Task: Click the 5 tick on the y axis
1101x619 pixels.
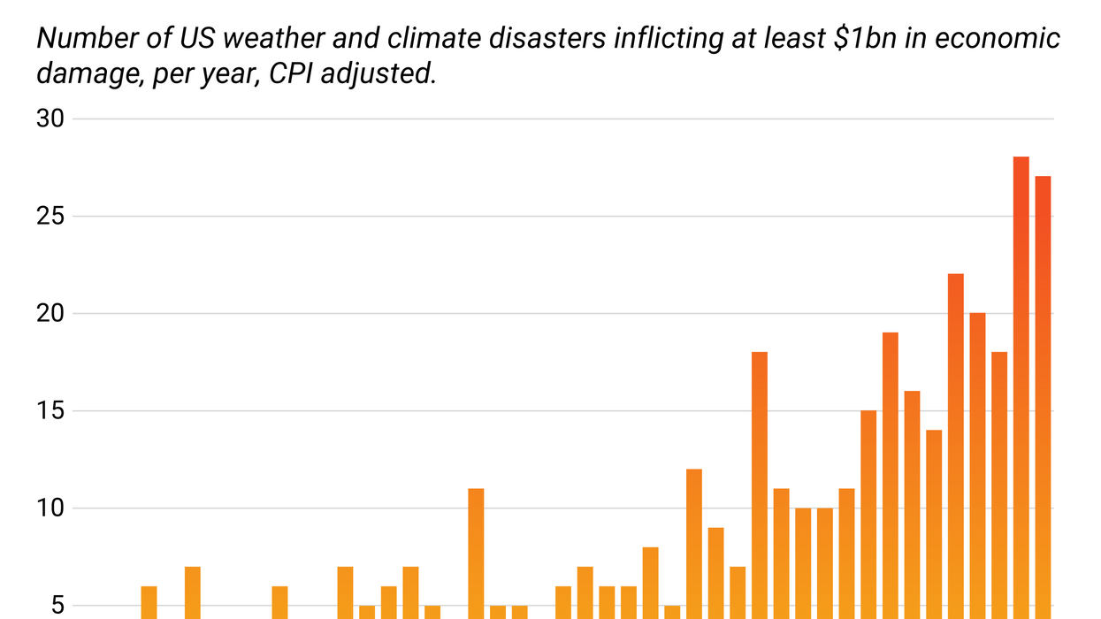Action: point(59,606)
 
